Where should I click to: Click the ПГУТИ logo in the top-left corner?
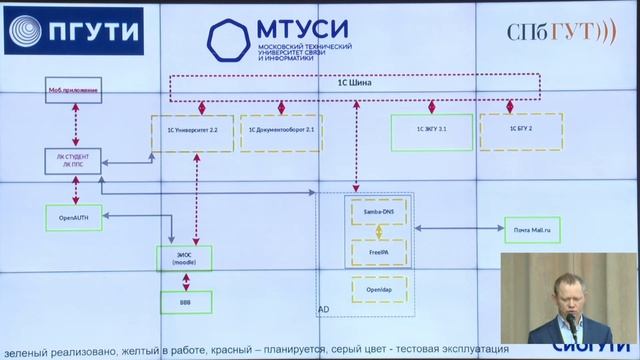coord(72,32)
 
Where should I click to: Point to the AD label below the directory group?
coord(322,312)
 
